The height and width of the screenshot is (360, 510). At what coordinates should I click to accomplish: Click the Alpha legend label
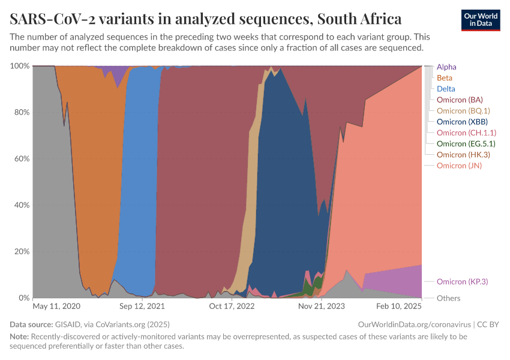pyautogui.click(x=446, y=67)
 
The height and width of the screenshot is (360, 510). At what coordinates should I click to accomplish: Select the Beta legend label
pyautogui.click(x=445, y=78)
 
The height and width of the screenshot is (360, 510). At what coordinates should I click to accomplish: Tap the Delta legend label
pyautogui.click(x=446, y=89)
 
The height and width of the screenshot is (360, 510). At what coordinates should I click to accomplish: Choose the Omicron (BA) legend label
pyautogui.click(x=460, y=100)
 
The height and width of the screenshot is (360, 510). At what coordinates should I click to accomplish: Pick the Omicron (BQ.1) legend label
pyautogui.click(x=463, y=110)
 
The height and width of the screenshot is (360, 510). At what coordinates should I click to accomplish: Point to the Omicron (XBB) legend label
pyautogui.click(x=461, y=122)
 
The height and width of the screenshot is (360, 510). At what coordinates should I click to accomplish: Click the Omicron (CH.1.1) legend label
pyautogui.click(x=466, y=133)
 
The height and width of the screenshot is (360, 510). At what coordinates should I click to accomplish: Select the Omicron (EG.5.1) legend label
pyautogui.click(x=466, y=143)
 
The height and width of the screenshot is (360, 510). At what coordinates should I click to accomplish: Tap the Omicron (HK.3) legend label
pyautogui.click(x=463, y=154)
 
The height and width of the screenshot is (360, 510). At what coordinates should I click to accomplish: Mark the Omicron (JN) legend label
pyautogui.click(x=460, y=166)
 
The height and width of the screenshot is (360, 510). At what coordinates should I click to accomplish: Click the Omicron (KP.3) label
pyautogui.click(x=462, y=281)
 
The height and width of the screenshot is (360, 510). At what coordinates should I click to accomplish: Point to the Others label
pyautogui.click(x=449, y=298)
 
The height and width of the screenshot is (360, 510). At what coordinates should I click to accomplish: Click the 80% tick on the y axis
pyautogui.click(x=20, y=112)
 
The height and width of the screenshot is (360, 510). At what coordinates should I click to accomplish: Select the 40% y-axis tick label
pyautogui.click(x=20, y=205)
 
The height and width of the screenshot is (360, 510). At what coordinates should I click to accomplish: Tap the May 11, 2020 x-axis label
pyautogui.click(x=56, y=306)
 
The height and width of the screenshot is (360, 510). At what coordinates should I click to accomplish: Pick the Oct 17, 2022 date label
pyautogui.click(x=232, y=306)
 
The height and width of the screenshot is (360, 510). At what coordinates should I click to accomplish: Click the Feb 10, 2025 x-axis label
pyautogui.click(x=399, y=306)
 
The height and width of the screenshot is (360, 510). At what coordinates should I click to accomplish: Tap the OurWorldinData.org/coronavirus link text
pyautogui.click(x=414, y=324)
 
